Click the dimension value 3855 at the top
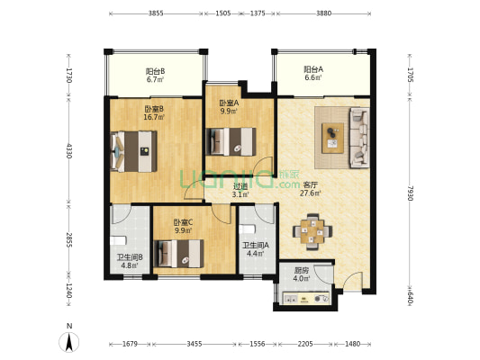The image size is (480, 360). coord(156,13)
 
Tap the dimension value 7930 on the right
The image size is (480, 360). coord(411,193)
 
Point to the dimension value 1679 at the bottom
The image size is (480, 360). coord(130,344)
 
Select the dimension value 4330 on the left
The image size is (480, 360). coord(69,150)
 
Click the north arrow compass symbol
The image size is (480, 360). coord(69,342)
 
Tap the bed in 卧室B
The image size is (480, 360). coord(134,151)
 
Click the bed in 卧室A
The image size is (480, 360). coord(231,141)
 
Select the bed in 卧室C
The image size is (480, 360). coord(178,254)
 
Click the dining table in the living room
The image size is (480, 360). coord(312,231)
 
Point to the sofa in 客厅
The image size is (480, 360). coord(359,138)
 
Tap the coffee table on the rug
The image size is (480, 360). coord(332,138)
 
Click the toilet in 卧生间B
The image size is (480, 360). coord(118,240)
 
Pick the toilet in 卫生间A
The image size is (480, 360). coord(247,229)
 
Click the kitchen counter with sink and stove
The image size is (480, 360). coord(306,298)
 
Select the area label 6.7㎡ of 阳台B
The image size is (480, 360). coord(155,80)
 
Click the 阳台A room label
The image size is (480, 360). coord(313,69)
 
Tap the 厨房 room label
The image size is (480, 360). coord(302,270)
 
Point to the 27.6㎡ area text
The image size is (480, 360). coord(310,193)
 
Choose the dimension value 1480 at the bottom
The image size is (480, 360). coord(352,344)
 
